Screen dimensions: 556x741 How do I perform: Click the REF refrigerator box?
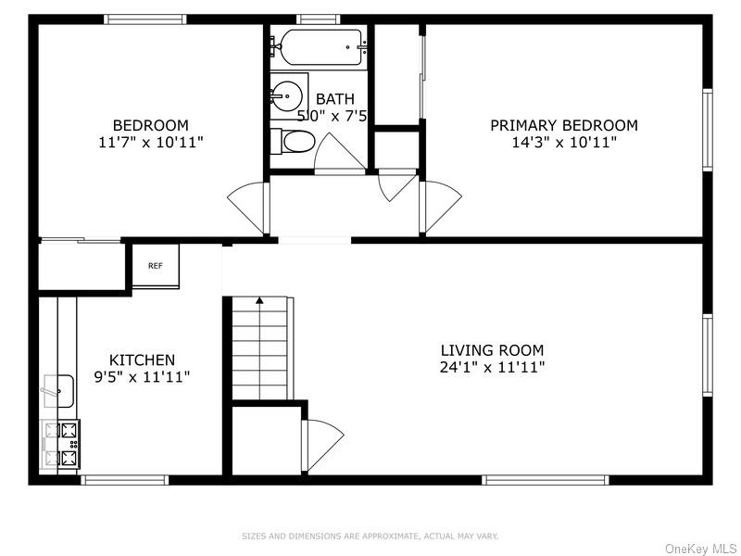(x=156, y=266)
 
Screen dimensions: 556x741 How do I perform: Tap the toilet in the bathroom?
(x=295, y=142)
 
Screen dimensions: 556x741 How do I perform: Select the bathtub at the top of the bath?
(x=320, y=46)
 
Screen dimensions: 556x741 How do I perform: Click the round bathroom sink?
(x=288, y=95)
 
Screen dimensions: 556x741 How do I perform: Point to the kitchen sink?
(x=59, y=391)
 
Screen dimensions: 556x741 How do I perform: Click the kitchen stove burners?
(x=61, y=444)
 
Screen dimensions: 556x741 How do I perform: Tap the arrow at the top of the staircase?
(x=260, y=300)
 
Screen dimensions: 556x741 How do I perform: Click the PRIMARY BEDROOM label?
(x=563, y=125)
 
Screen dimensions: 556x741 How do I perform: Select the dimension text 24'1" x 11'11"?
(x=492, y=367)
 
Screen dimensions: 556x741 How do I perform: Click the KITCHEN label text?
(x=142, y=360)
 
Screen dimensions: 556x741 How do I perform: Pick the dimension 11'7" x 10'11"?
(x=151, y=142)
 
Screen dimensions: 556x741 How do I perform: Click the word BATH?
(x=334, y=99)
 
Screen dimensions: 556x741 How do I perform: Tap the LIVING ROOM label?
(x=492, y=350)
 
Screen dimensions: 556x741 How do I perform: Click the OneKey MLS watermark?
(x=700, y=549)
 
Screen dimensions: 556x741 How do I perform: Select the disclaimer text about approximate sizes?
(x=370, y=536)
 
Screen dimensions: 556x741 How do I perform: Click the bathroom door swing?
(x=338, y=153)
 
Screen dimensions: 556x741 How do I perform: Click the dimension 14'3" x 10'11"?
(x=563, y=142)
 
